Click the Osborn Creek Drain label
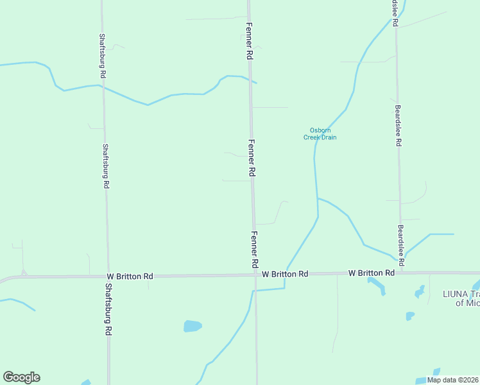point(320,133)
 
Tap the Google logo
point(21,377)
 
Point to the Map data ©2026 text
point(452,380)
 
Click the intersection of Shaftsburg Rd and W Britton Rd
point(107,277)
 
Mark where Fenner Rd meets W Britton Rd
point(255,275)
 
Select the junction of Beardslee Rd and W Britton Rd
point(402,273)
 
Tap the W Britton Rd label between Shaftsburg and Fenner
point(130,276)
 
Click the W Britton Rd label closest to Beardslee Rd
point(372,273)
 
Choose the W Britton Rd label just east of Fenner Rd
point(285,274)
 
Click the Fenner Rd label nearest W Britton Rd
point(255,250)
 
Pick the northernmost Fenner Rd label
point(249,41)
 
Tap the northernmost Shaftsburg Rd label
point(102,51)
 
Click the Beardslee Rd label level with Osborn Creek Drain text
point(398,126)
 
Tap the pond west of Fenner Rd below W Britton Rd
point(193,326)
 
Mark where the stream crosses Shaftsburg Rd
point(103,85)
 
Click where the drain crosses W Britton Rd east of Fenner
point(286,274)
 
